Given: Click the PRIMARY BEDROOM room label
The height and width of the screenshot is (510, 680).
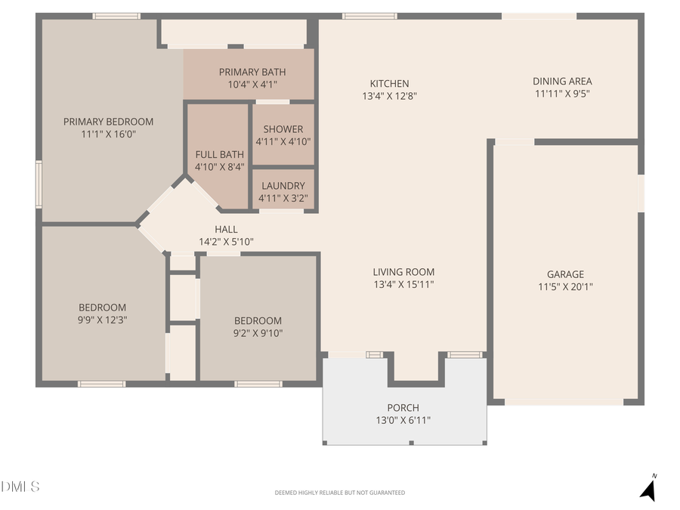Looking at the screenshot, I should (108, 122).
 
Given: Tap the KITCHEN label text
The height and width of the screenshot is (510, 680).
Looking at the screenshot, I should (389, 84).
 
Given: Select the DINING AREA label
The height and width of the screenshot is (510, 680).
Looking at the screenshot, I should (562, 82).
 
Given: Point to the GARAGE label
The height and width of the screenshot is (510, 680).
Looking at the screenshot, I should (565, 274).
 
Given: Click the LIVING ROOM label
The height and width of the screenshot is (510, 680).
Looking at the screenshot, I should (403, 272).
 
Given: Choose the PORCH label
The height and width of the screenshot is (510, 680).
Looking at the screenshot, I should (403, 408).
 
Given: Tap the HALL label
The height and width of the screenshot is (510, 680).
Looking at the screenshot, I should (226, 230).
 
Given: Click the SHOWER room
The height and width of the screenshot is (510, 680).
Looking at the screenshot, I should (283, 129).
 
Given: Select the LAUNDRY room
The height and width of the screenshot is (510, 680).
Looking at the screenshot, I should (283, 186).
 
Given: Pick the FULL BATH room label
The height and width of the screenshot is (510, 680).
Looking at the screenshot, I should (219, 155).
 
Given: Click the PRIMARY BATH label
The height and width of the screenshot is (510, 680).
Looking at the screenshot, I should (252, 72).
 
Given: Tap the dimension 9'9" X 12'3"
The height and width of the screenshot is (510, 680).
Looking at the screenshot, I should (103, 320).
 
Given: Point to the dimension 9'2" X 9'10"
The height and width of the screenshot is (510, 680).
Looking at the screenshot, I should (258, 333).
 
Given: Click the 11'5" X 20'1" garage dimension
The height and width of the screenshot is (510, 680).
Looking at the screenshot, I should (565, 287).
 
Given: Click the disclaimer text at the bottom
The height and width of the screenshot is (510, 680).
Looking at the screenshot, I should (339, 493).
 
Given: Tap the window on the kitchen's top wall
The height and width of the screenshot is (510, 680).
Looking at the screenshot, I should (369, 16).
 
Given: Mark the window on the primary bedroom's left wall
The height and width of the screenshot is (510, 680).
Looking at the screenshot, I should (39, 184).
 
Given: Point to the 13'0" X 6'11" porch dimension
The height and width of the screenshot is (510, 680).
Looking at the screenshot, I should (403, 421).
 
